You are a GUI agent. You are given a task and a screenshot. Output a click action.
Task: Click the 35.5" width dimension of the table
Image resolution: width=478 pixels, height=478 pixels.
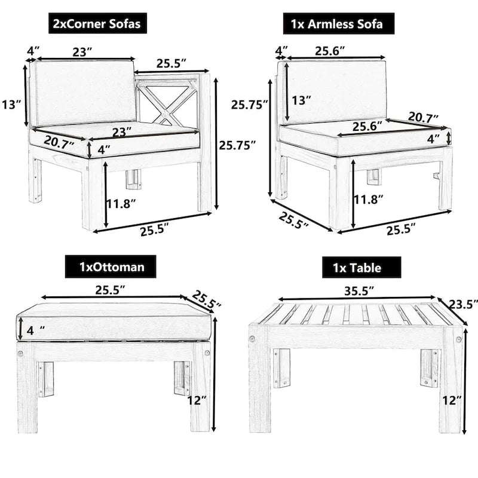(x=356, y=290)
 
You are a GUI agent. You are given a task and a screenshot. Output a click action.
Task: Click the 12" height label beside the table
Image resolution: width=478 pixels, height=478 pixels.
(x=452, y=400)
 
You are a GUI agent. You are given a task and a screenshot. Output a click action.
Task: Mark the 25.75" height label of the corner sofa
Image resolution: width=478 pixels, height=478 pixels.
(x=237, y=145)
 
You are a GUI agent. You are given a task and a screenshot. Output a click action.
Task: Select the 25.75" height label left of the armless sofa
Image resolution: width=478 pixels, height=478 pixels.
(x=250, y=105)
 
